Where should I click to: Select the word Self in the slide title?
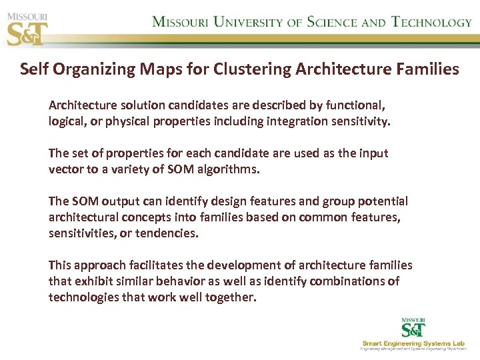tap(34, 69)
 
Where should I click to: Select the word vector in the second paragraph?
tap(65, 169)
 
